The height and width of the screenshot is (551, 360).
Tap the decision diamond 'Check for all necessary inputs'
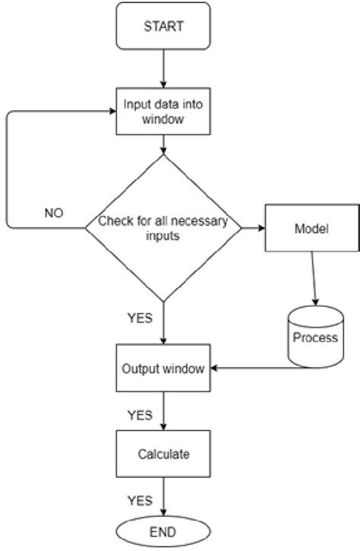click(x=163, y=227)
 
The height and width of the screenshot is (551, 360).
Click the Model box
click(x=311, y=227)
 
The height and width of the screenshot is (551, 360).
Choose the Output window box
click(x=163, y=369)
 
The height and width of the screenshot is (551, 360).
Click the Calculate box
click(x=163, y=454)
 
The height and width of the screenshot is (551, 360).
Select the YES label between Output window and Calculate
click(x=140, y=415)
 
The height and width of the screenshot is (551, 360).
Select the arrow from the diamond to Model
click(x=251, y=227)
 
